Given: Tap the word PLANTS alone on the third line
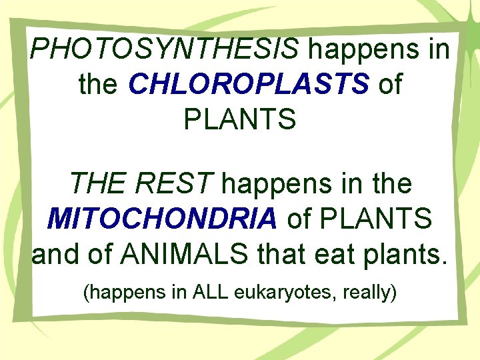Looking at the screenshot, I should pyautogui.click(x=239, y=120).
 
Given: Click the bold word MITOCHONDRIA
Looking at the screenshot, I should pyautogui.click(x=163, y=219).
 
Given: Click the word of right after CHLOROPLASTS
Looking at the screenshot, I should pyautogui.click(x=390, y=84).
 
